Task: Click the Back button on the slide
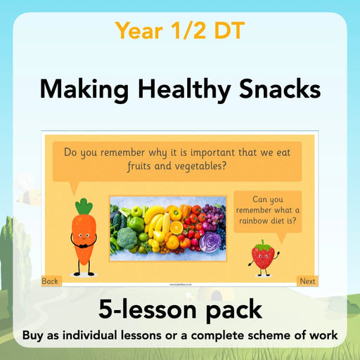pos(50,281)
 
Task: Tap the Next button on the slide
pos(307,281)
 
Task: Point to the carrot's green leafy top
pos(84,207)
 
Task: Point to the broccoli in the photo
pos(127,238)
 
